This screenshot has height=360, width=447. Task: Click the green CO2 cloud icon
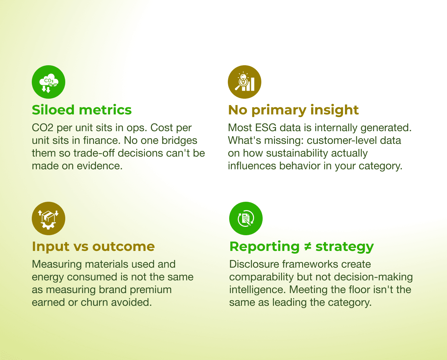point(49,82)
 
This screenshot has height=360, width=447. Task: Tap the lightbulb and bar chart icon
point(245,82)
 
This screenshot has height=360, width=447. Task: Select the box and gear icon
point(49,218)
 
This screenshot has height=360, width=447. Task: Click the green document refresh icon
point(246,218)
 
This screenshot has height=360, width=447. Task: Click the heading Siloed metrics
point(82,110)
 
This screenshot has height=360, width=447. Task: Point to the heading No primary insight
point(293,110)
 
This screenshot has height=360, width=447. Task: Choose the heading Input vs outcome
point(93,247)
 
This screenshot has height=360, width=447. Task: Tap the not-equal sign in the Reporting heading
point(307,247)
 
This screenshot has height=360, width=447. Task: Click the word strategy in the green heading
point(344,247)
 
